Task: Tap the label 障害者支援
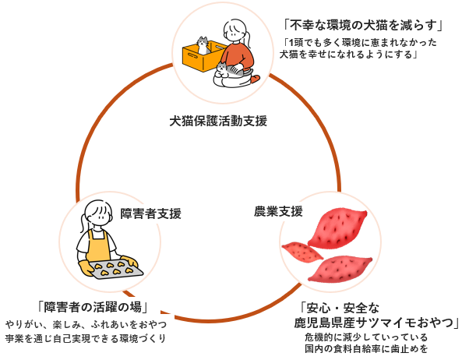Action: pyautogui.click(x=150, y=213)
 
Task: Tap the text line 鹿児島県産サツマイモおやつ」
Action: pyautogui.click(x=377, y=323)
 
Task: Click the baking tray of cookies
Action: pyautogui.click(x=114, y=270)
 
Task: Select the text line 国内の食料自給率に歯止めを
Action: pyautogui.click(x=367, y=349)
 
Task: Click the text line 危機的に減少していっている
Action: pyautogui.click(x=367, y=337)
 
